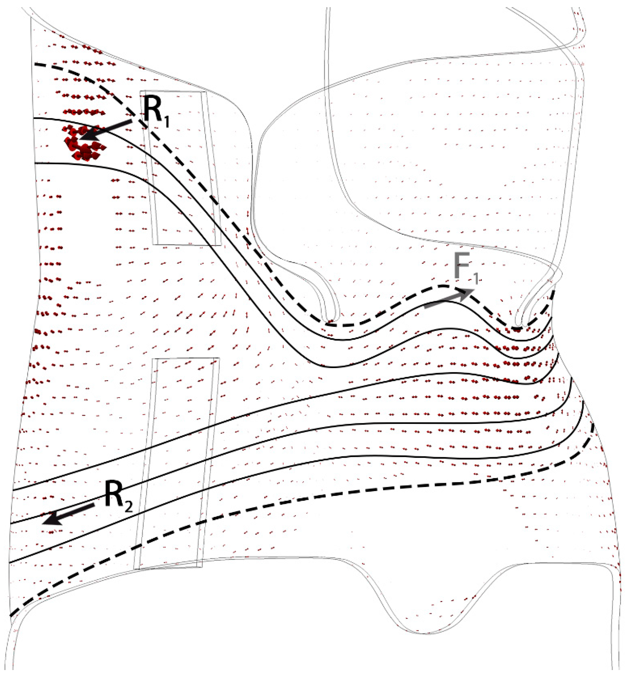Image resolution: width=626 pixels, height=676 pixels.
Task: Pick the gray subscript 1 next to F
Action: (475, 279)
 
